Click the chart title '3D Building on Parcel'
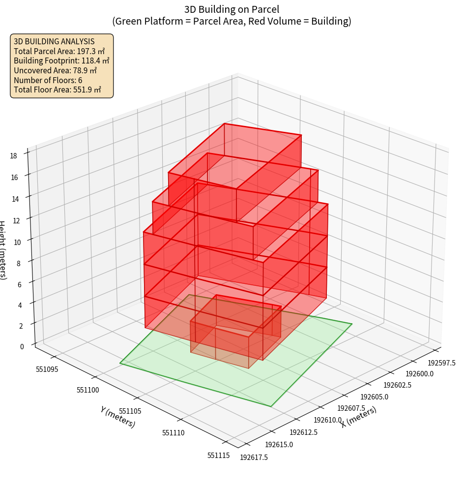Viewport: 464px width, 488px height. [232, 9]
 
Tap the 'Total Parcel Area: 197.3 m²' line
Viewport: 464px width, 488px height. [59, 51]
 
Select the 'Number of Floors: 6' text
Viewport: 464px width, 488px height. [48, 80]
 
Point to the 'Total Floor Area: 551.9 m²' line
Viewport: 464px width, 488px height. [58, 90]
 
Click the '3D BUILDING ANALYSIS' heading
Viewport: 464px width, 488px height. [54, 42]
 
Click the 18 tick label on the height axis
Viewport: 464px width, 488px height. [13, 156]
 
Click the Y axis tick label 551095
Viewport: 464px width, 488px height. [47, 369]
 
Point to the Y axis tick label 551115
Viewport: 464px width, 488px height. [218, 456]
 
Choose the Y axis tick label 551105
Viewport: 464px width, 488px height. [130, 411]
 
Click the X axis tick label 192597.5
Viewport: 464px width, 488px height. [442, 363]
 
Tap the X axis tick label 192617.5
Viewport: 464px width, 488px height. [254, 457]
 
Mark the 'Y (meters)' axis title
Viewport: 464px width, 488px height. [117, 417]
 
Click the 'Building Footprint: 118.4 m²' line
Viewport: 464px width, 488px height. [61, 61]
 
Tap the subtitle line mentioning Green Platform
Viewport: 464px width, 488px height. [232, 21]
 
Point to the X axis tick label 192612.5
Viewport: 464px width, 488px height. [303, 432]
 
